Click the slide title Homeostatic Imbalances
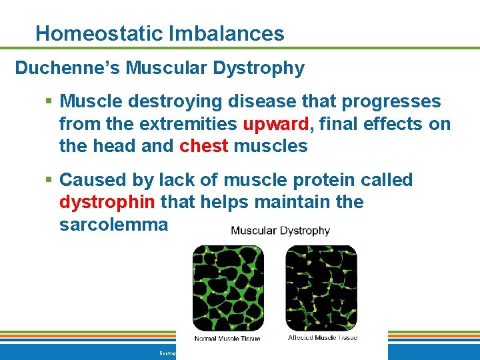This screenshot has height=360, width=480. (x=159, y=33)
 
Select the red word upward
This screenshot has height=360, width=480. (x=276, y=124)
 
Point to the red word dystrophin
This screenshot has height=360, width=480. (x=107, y=202)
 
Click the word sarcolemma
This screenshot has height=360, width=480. (x=113, y=225)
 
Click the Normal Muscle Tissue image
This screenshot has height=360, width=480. (x=228, y=288)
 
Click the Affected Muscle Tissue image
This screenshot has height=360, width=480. (x=321, y=288)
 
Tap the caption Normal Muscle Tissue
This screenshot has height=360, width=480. (x=227, y=339)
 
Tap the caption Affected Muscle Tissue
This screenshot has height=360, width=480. (x=322, y=338)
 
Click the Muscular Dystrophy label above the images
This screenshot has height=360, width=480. (x=280, y=231)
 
